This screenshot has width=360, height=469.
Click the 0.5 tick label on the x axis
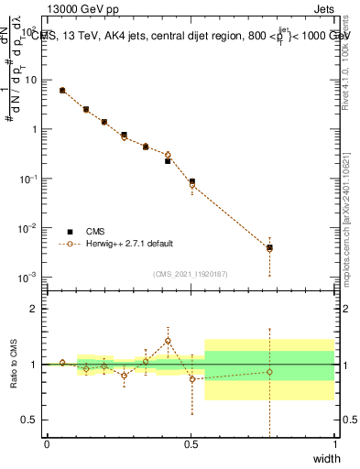(x=191, y=444)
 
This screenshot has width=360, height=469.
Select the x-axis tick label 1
(x=334, y=444)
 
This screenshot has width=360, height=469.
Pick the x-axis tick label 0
(x=47, y=444)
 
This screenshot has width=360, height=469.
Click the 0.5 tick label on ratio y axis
(x=30, y=420)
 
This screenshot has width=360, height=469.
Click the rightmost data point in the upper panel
(x=269, y=247)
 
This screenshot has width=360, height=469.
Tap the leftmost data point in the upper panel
(x=61, y=91)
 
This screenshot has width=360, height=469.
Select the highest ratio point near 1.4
(x=168, y=341)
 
